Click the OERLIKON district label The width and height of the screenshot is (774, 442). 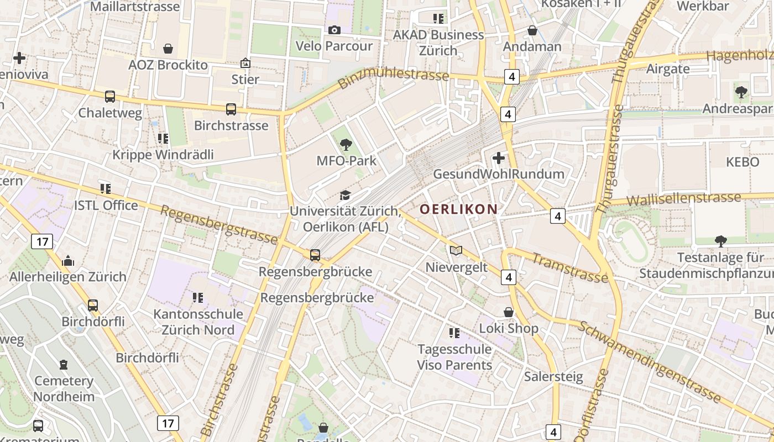(x=458, y=209)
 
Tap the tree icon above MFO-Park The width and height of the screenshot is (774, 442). (x=346, y=145)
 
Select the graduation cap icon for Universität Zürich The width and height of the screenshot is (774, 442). (x=345, y=195)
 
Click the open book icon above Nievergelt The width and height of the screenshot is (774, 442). (x=456, y=251)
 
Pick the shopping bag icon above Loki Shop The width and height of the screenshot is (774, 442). (x=509, y=312)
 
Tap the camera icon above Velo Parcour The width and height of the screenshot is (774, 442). (x=334, y=30)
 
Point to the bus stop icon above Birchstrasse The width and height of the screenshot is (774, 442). (x=231, y=109)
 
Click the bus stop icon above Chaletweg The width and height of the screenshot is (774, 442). (x=110, y=97)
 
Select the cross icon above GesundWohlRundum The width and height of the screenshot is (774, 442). (x=498, y=158)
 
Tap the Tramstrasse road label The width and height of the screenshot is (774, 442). (x=570, y=267)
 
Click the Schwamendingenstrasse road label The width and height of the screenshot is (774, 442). (x=650, y=361)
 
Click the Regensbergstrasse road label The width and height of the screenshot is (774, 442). (x=219, y=225)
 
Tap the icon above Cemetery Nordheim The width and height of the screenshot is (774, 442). (x=64, y=365)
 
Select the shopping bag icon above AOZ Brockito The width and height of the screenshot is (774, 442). (x=168, y=49)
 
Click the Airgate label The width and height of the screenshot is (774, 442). (x=668, y=69)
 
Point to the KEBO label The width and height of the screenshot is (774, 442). (x=744, y=162)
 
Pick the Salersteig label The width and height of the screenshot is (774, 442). (x=553, y=377)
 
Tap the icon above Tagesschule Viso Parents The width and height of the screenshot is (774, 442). (x=454, y=333)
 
